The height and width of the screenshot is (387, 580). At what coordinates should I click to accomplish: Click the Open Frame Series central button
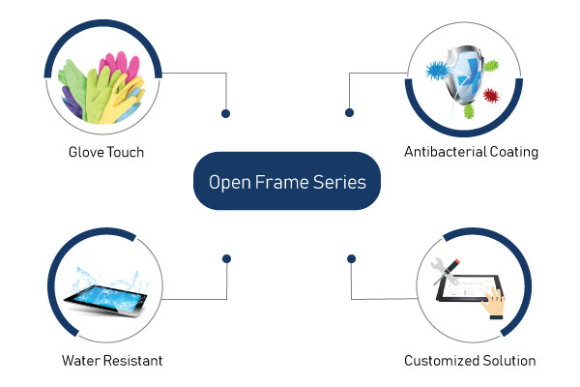click(x=287, y=181)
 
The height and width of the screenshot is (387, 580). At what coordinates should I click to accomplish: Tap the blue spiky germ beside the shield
click(x=438, y=71)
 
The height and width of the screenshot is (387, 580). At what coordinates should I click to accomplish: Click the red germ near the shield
click(x=491, y=96)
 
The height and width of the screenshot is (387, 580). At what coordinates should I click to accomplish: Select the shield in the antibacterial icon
click(x=464, y=75)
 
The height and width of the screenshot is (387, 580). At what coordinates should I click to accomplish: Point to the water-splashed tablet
click(x=105, y=299)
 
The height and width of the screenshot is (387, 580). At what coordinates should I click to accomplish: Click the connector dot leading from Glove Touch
click(x=225, y=114)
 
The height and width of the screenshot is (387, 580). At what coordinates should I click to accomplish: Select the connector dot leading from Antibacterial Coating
click(x=349, y=112)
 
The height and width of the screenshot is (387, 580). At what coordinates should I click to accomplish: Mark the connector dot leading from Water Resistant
click(x=227, y=259)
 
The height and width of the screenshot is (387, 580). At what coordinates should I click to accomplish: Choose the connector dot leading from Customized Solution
click(x=352, y=259)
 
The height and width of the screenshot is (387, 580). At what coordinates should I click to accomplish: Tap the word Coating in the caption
click(x=514, y=152)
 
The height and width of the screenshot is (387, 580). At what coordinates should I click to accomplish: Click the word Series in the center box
click(x=339, y=182)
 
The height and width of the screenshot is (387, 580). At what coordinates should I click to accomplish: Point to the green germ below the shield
click(x=469, y=110)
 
